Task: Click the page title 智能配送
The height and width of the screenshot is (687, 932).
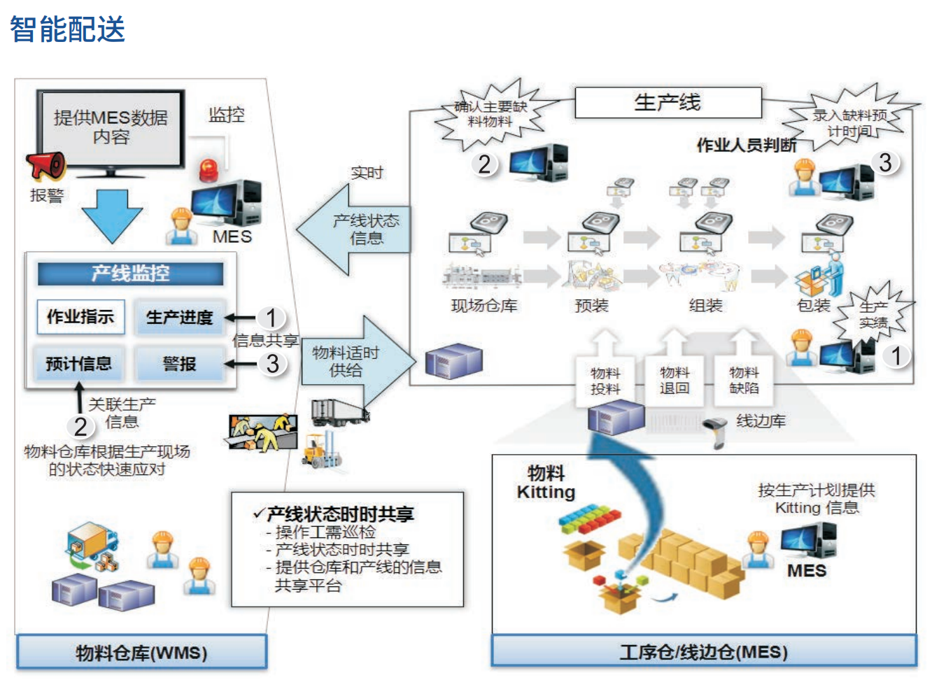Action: tap(67, 29)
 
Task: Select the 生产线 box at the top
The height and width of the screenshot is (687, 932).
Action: tap(668, 103)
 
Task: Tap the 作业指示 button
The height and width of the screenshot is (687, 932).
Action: tap(80, 317)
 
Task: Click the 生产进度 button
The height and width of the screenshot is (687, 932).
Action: tap(179, 317)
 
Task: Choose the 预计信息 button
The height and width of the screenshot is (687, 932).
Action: tap(79, 364)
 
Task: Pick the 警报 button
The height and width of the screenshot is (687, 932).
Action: tap(179, 364)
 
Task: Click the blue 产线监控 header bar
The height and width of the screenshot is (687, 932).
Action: tap(131, 274)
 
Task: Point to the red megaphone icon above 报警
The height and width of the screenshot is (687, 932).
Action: tap(46, 166)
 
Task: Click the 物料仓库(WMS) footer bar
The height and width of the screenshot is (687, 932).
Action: tap(141, 652)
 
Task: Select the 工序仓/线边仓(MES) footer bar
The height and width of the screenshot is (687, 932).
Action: tap(704, 652)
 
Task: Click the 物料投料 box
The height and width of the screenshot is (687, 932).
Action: tap(605, 381)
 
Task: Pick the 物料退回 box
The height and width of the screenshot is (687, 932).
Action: tap(675, 381)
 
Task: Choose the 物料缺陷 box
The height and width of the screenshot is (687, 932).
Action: tap(743, 381)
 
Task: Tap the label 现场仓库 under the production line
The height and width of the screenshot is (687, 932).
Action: tap(484, 305)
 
